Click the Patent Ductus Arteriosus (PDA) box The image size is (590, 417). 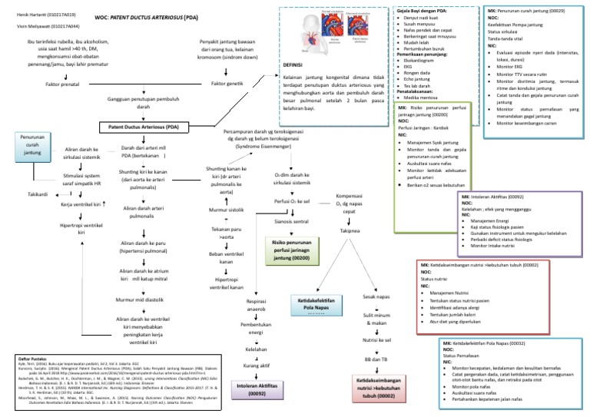tap(143, 126)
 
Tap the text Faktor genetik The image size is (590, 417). tap(228, 83)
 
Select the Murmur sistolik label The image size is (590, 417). tap(226, 209)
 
